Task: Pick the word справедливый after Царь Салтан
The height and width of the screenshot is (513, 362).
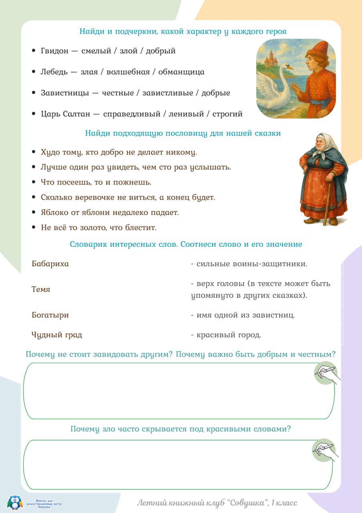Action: [131, 114]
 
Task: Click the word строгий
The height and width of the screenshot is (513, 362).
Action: [227, 114]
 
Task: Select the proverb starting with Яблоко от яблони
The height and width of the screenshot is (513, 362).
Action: [110, 212]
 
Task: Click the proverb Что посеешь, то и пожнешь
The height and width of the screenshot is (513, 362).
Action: [96, 182]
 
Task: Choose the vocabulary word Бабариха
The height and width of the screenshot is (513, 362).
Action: [50, 264]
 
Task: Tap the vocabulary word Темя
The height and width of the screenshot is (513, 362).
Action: [41, 289]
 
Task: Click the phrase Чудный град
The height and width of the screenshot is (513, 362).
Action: [57, 335]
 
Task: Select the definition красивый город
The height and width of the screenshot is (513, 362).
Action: [228, 335]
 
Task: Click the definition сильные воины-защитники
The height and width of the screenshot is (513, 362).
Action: [252, 264]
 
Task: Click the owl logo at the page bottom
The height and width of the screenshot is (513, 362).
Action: [15, 502]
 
